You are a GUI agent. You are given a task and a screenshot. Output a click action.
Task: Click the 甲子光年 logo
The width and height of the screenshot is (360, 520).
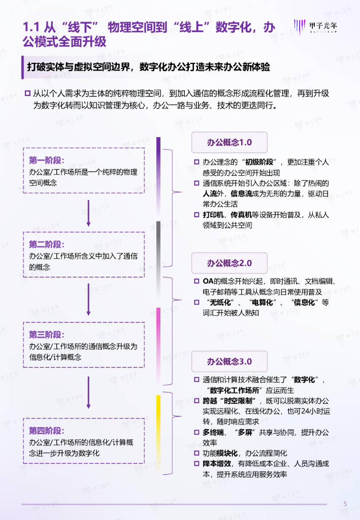point(315,26)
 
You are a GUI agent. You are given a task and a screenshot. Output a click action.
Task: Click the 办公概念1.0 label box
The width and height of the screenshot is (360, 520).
point(230,142)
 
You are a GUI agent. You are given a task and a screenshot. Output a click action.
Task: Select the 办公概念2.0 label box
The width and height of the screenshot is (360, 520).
point(230,263)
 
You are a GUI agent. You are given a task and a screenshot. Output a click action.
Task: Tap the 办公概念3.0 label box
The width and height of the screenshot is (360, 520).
point(230,361)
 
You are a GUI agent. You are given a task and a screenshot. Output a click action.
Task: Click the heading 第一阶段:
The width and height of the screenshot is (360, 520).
point(46,160)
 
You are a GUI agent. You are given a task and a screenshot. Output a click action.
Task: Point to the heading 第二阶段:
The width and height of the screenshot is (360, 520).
point(46,244)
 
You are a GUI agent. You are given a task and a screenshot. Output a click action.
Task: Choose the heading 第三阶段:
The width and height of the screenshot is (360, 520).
point(46,334)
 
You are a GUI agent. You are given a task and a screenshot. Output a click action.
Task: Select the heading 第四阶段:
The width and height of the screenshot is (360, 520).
point(46,431)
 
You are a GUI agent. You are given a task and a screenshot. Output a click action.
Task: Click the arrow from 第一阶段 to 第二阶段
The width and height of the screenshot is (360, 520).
point(88,213)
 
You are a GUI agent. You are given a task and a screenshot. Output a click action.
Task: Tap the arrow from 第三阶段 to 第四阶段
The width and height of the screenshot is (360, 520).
point(88,393)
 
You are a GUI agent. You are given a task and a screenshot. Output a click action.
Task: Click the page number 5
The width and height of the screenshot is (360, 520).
point(345,504)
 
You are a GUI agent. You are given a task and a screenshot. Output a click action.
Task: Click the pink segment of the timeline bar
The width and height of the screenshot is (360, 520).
point(158,346)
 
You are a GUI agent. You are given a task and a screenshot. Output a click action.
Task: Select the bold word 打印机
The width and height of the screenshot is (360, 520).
point(213,215)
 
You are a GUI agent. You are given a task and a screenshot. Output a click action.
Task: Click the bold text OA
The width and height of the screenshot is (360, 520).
point(208,281)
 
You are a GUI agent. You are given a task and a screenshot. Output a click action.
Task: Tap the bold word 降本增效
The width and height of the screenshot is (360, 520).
point(217,463)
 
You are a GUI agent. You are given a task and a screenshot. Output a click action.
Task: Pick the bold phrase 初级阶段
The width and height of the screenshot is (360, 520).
point(259,162)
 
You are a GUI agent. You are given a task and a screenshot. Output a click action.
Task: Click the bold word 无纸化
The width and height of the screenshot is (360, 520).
point(220,302)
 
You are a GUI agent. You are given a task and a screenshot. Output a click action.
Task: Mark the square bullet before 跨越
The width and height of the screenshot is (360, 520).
point(197,401)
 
